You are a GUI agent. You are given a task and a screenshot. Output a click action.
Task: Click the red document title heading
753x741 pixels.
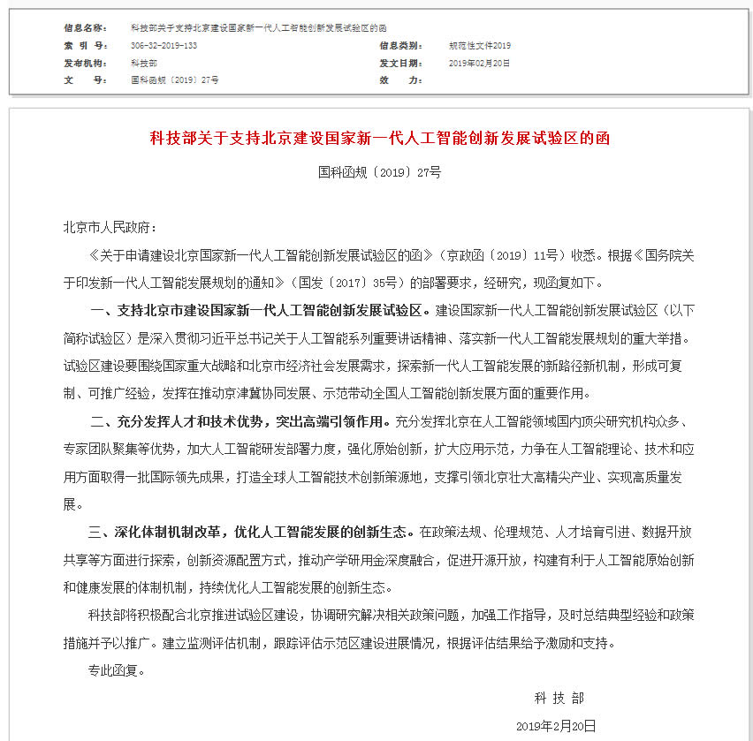click(x=379, y=139)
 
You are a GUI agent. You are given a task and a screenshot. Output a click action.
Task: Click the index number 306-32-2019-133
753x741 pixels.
click(x=164, y=45)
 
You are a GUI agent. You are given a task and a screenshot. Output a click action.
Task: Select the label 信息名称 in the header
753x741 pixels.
click(x=86, y=28)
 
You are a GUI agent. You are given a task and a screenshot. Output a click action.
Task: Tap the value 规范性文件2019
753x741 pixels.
click(x=480, y=45)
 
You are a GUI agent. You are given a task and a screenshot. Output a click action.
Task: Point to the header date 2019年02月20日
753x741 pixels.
click(x=479, y=63)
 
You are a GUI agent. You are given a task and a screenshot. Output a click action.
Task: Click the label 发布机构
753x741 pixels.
click(x=86, y=63)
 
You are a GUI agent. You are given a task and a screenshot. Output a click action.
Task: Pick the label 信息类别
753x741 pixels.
click(x=400, y=45)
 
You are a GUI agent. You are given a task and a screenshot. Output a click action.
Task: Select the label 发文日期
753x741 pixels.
click(x=400, y=63)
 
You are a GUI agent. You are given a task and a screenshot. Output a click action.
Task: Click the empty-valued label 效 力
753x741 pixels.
click(x=400, y=79)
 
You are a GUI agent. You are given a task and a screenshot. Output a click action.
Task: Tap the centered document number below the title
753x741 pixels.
click(x=379, y=172)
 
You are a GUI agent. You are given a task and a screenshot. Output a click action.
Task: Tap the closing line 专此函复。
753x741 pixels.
click(x=116, y=669)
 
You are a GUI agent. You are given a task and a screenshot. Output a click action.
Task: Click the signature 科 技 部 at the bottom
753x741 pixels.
click(x=559, y=698)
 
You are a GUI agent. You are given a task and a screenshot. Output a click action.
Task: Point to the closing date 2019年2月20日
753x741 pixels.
click(x=556, y=725)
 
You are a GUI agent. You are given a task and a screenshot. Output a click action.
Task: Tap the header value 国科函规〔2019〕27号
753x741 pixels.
click(x=174, y=79)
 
